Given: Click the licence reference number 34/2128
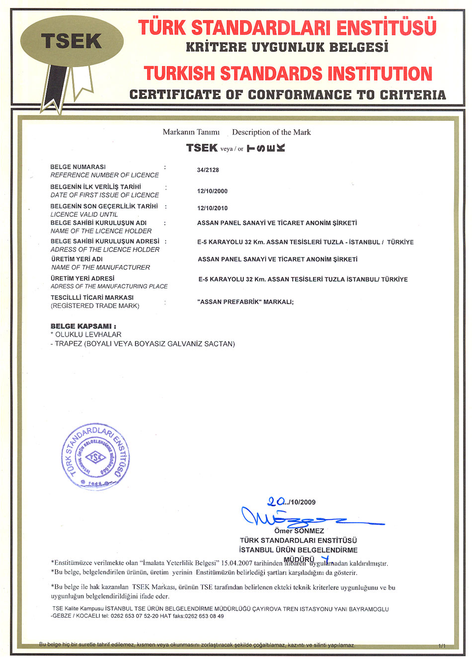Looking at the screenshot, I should coord(208,170).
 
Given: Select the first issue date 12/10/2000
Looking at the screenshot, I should coord(212,191).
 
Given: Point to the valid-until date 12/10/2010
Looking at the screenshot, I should coord(212,208).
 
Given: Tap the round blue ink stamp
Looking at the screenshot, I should coord(96,457).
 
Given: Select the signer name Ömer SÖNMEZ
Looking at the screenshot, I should coord(299,531).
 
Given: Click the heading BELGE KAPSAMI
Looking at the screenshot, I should coord(83,326).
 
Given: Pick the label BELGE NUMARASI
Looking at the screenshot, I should coord(78,167).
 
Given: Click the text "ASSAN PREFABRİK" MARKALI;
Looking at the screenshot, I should coord(245,302).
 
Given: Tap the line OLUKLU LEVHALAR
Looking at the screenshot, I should coord(88,335).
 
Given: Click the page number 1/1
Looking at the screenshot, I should coord(442,646).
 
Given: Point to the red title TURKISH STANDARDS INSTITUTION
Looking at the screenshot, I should coord(288,74).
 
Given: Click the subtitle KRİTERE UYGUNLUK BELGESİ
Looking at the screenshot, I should coord(287,48).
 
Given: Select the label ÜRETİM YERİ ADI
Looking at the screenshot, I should coord(77,259).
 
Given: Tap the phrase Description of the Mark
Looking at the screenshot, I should coord(271,132).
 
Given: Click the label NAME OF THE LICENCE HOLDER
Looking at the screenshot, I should coord(101,231).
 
